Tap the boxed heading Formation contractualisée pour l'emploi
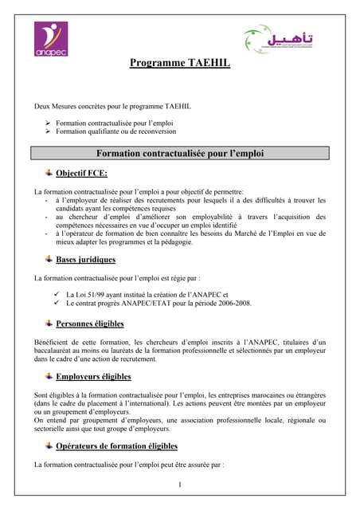click(x=179, y=153)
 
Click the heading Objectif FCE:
click(x=81, y=173)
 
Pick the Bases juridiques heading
click(x=85, y=259)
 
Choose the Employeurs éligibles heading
click(x=93, y=376)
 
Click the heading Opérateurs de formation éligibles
click(x=116, y=445)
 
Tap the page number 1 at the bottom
click(x=180, y=484)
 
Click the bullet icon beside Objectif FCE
click(x=49, y=172)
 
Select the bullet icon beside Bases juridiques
click(x=49, y=258)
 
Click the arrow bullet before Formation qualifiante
click(x=49, y=131)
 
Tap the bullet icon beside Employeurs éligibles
click(x=49, y=375)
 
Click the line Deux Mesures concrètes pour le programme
click(x=112, y=106)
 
